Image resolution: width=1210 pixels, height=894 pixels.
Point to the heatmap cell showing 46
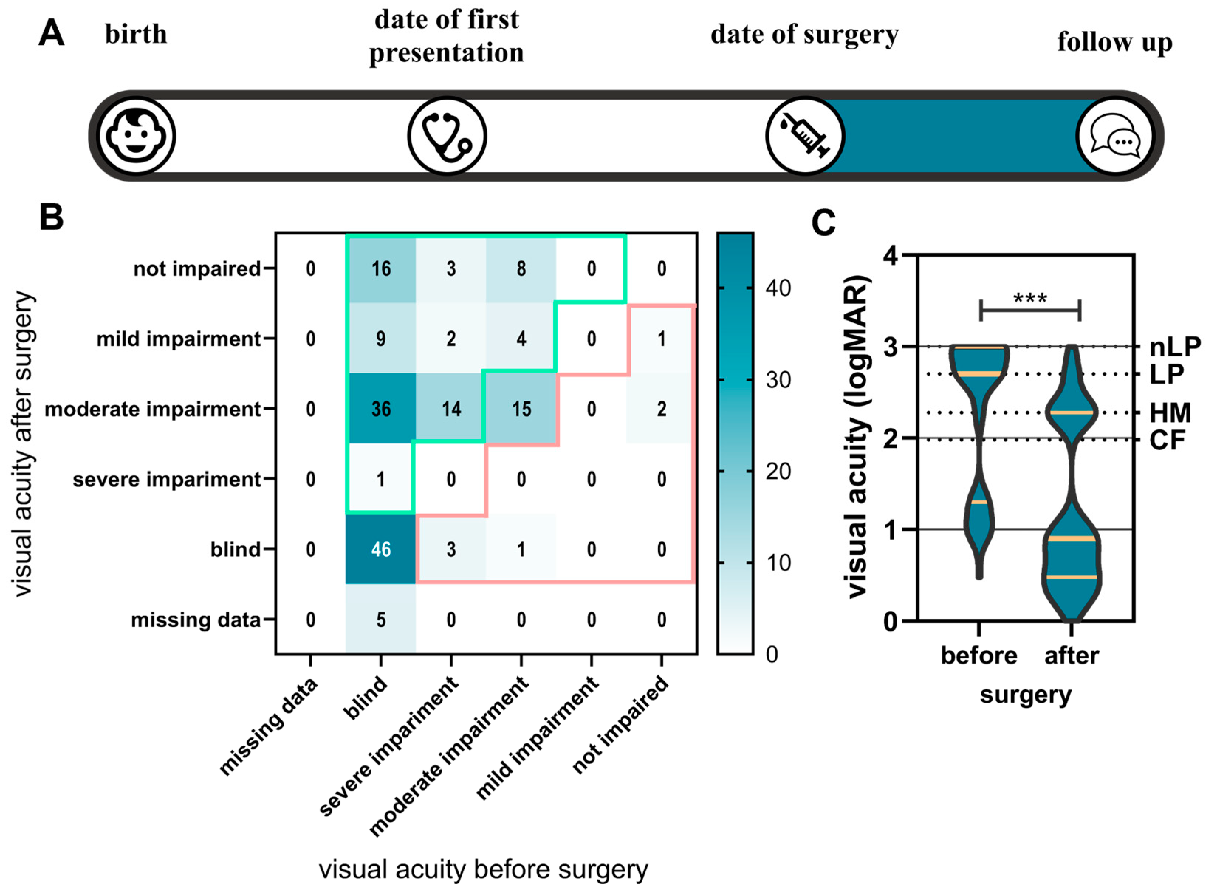tap(381, 549)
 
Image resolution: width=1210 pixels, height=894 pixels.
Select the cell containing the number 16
tap(381, 268)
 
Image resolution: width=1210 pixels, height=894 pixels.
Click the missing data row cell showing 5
tap(381, 620)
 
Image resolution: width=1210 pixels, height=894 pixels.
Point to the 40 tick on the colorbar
tap(778, 288)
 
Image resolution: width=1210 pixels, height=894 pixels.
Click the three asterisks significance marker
tap(1030, 298)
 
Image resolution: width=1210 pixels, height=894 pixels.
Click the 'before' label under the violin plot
tap(979, 656)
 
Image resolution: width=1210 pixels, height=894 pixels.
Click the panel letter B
tap(51, 217)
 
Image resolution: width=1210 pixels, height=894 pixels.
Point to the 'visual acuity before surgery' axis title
tap(483, 870)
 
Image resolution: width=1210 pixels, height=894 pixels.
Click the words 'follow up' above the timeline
tap(1115, 42)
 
